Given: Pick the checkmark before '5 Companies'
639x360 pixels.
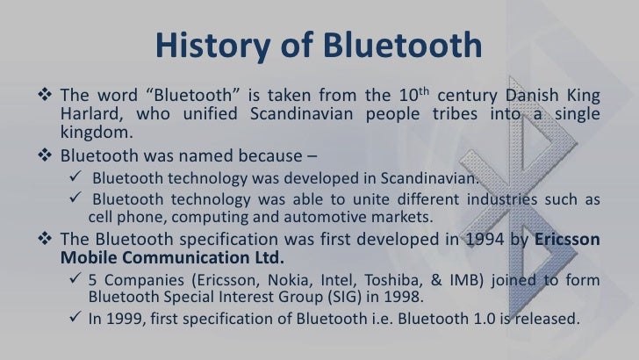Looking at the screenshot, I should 76,280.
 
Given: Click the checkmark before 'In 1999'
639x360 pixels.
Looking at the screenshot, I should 76,320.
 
